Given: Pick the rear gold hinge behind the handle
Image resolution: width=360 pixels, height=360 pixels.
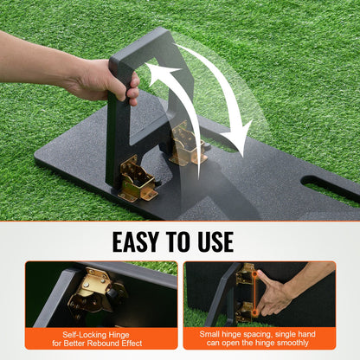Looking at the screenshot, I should (188, 144).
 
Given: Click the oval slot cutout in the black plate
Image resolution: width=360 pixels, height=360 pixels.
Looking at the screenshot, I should (330, 189).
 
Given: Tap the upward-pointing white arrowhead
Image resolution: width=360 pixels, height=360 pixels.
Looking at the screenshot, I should (159, 74).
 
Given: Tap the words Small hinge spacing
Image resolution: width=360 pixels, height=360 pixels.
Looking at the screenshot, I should (230, 332).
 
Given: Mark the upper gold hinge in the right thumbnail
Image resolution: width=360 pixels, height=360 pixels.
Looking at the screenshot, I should (247, 274).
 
